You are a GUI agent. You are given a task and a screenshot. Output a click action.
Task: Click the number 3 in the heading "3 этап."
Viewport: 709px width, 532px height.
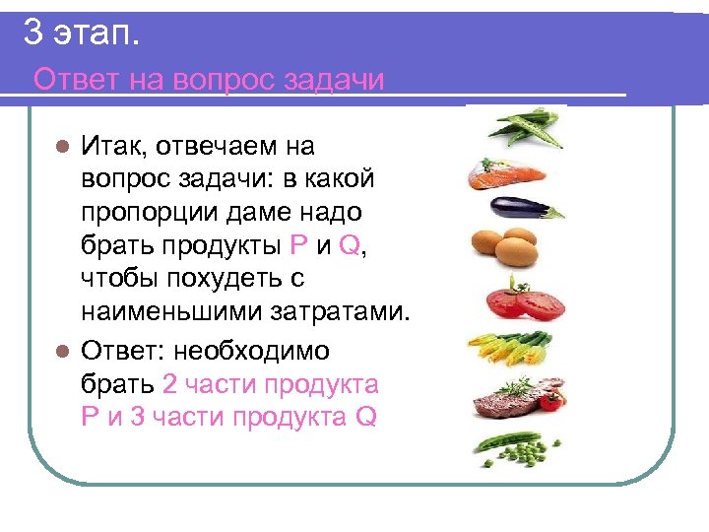click(x=33, y=35)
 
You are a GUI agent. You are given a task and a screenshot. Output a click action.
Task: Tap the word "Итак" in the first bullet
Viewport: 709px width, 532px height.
click(x=110, y=148)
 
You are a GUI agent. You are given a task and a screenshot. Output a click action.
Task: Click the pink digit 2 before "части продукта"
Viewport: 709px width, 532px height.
click(x=169, y=383)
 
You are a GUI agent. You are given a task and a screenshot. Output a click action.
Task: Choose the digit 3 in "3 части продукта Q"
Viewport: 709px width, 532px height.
click(x=137, y=417)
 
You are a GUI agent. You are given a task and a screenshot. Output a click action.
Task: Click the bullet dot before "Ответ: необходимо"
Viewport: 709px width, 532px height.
click(x=61, y=351)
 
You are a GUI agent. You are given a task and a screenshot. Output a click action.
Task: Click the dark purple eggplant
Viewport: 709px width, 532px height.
click(x=522, y=209)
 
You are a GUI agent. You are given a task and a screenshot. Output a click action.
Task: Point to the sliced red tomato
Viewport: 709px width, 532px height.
click(x=521, y=300)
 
